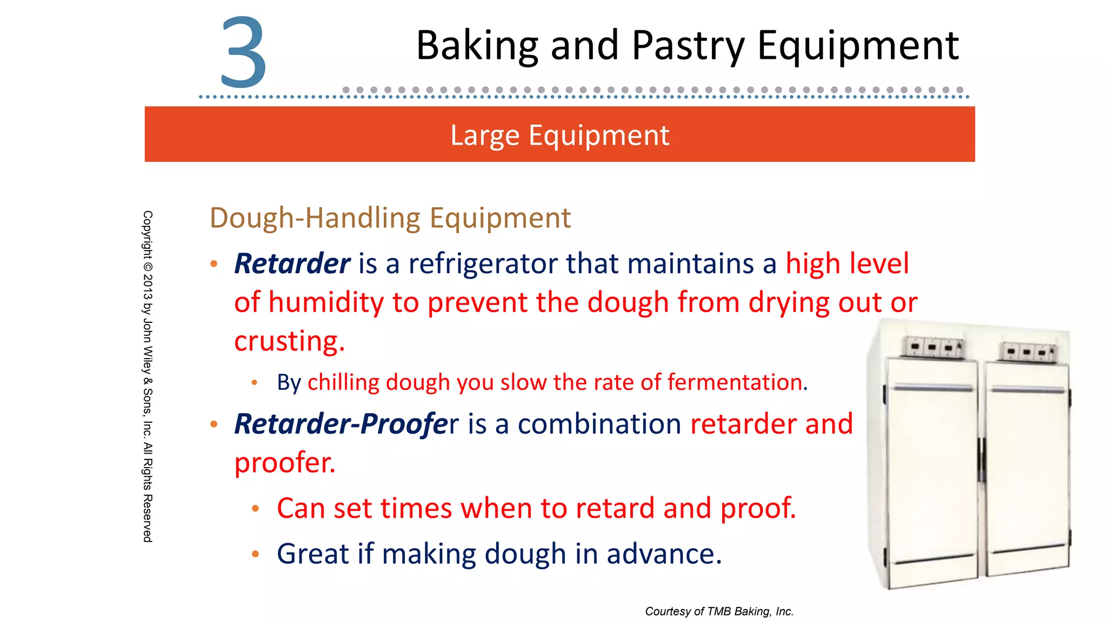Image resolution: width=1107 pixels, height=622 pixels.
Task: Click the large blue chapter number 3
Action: point(244,52)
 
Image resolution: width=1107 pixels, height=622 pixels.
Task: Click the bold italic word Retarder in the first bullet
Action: point(292,264)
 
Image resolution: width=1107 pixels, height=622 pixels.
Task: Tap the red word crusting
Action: point(289,341)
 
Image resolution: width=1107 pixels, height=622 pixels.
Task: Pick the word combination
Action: point(599,424)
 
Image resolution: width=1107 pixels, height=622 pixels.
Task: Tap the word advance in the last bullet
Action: point(664,554)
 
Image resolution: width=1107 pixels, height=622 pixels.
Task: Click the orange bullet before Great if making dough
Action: point(256,554)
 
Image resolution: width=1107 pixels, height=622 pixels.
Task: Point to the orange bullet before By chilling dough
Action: point(254,383)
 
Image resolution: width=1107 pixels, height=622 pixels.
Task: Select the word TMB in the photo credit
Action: point(718,611)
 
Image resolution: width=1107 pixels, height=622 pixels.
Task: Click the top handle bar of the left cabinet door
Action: point(932,387)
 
